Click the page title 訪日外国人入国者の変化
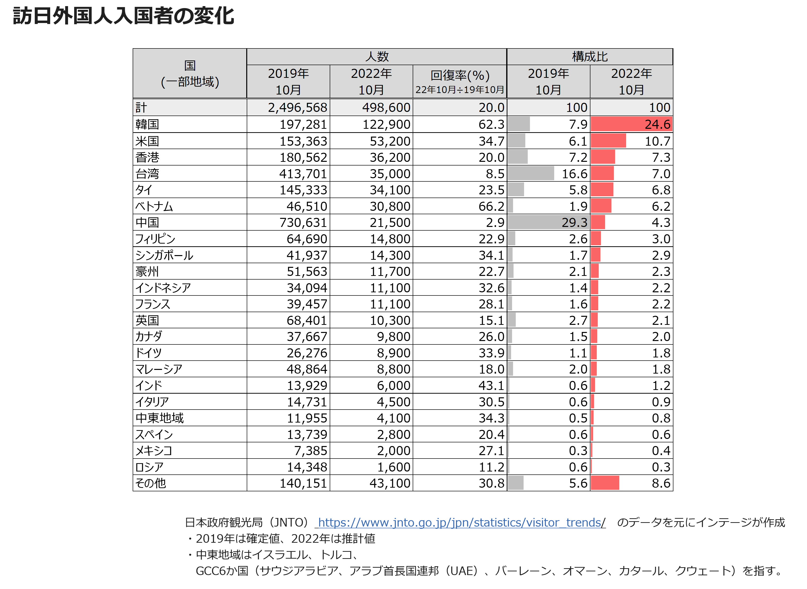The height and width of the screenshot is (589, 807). (123, 16)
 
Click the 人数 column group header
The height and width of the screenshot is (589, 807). (377, 57)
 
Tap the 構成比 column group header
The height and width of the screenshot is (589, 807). (590, 57)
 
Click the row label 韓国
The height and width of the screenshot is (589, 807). (147, 124)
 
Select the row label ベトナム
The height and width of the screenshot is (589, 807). (154, 206)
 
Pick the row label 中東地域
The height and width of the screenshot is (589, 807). (159, 418)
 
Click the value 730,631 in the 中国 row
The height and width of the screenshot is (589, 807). (303, 223)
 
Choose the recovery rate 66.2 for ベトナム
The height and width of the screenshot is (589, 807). (491, 206)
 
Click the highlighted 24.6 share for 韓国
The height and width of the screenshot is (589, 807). (658, 124)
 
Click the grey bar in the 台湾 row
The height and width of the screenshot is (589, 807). (531, 173)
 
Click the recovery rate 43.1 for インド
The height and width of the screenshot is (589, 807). (491, 385)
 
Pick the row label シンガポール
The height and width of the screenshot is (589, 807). (164, 255)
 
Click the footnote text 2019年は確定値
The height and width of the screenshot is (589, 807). (238, 539)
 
